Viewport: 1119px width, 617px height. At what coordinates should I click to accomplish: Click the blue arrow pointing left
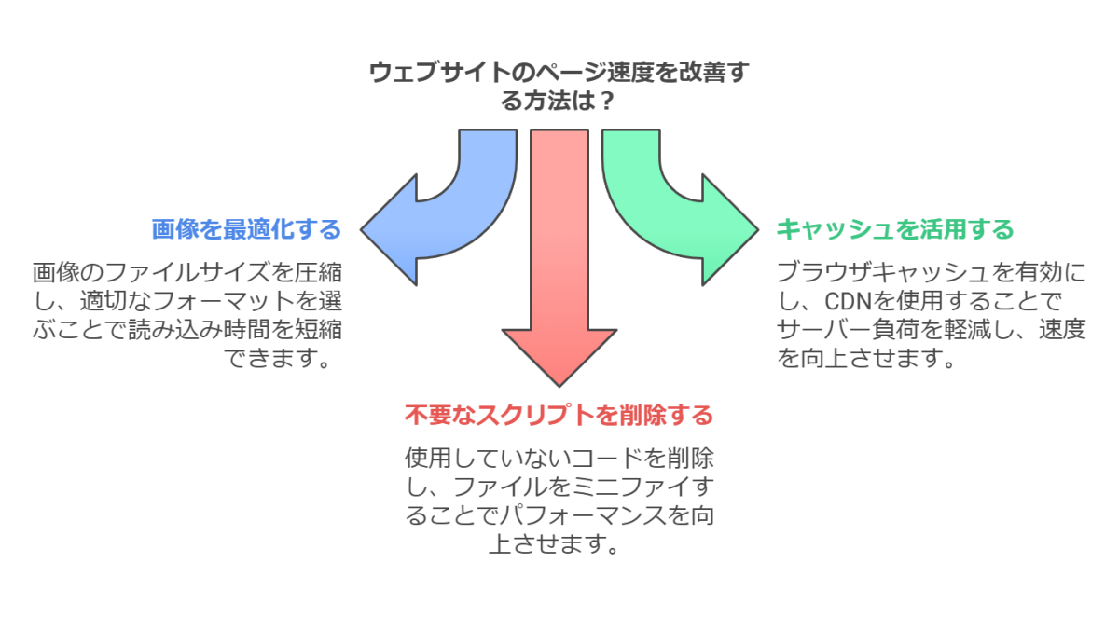[x=438, y=224]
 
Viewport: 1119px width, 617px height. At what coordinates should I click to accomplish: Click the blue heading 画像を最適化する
[x=246, y=229]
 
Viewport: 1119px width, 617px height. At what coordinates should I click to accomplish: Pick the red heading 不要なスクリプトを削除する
[x=559, y=415]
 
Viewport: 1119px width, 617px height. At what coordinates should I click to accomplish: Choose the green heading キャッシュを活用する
[x=895, y=229]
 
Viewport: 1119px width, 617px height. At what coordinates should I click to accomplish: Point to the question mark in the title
[x=606, y=101]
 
